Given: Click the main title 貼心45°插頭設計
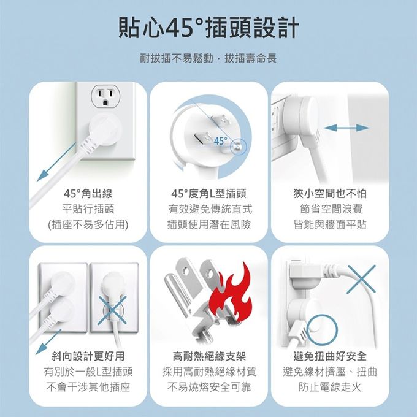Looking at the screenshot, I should click(x=208, y=28).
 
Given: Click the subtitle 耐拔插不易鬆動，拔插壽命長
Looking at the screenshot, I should click(x=208, y=59).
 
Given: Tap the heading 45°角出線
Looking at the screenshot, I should click(x=88, y=194).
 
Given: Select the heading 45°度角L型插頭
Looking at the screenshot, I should click(x=209, y=194).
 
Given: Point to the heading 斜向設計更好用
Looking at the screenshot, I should click(x=88, y=356).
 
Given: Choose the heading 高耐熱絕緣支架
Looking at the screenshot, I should click(x=209, y=356).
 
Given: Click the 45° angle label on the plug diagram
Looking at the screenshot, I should click(x=220, y=142).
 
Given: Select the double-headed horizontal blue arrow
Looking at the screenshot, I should click(x=347, y=128).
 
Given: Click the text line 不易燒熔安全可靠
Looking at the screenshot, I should click(x=209, y=387).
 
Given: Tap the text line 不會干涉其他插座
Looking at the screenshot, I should click(x=88, y=387).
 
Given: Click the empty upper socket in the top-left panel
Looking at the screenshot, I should click(x=105, y=96).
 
